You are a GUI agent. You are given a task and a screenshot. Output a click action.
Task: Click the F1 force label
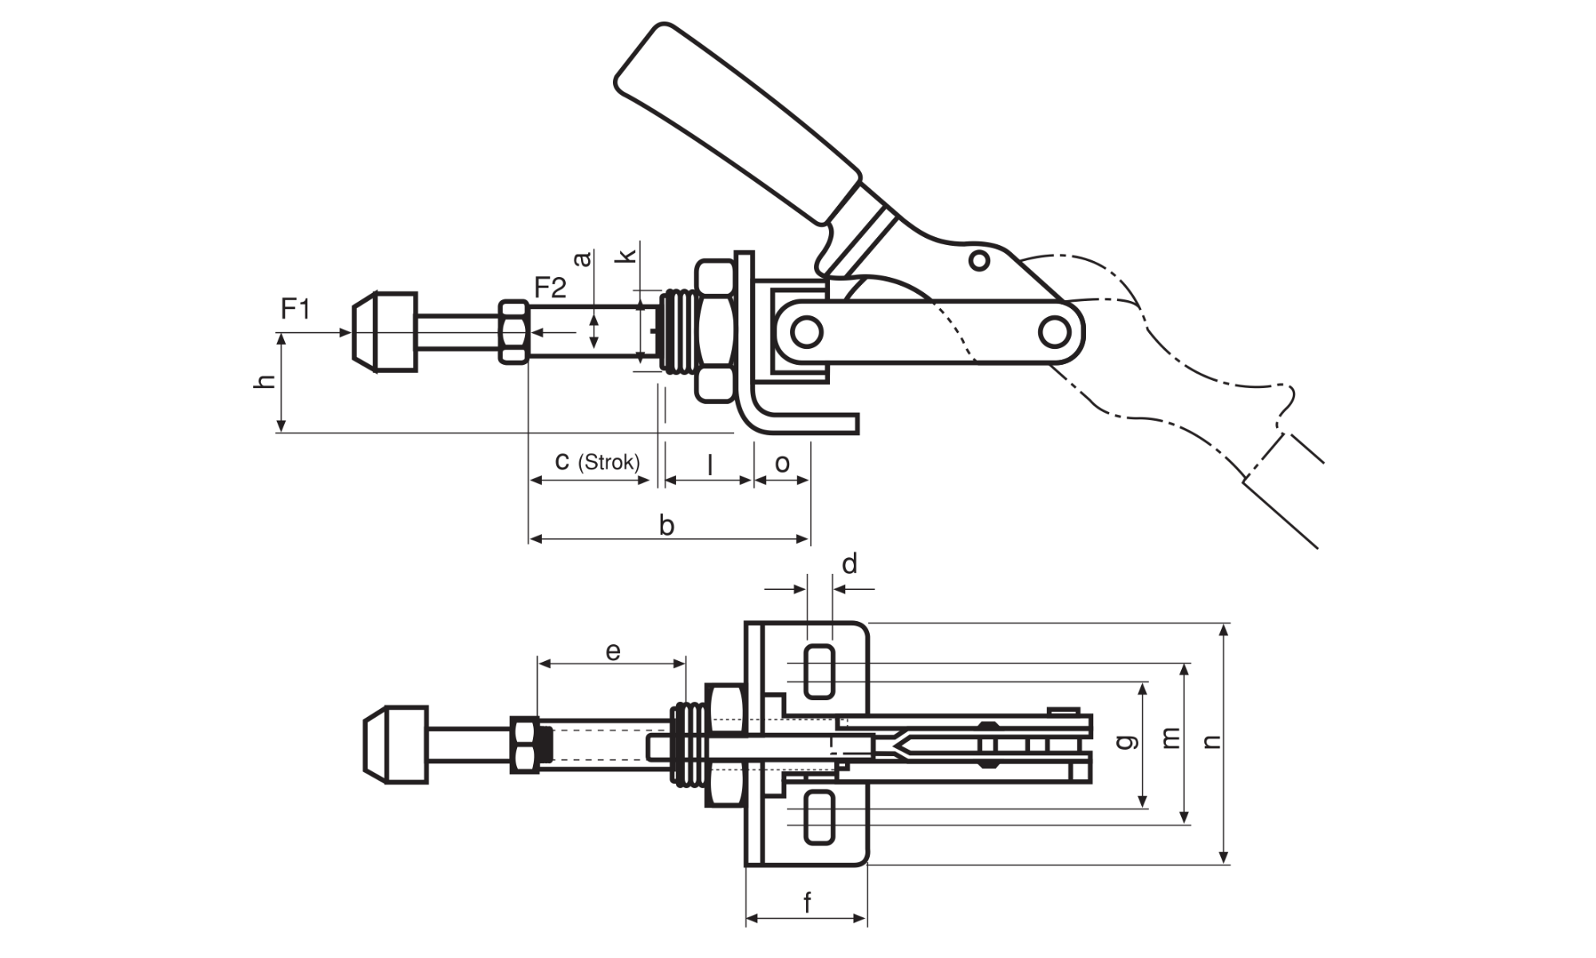click(295, 308)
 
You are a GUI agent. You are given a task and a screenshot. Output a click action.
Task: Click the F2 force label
click(550, 287)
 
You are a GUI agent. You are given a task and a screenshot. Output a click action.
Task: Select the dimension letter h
click(266, 381)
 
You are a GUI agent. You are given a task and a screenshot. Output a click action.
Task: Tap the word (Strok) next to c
click(609, 462)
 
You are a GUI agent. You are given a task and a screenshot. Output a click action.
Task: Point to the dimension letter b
click(667, 525)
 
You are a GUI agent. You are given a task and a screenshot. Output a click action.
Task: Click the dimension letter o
click(782, 464)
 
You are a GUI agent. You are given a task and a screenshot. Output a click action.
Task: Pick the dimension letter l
click(709, 464)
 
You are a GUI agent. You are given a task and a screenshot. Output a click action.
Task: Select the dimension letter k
click(628, 255)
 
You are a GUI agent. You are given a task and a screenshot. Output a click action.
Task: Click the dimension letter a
click(583, 258)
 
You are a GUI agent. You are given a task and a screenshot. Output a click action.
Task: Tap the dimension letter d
click(850, 564)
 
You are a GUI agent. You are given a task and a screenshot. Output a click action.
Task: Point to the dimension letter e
click(613, 651)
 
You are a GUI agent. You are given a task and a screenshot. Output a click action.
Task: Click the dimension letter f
click(808, 903)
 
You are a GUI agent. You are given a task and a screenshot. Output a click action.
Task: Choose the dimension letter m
click(1170, 738)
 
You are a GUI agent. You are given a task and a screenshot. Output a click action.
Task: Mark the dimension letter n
click(1212, 742)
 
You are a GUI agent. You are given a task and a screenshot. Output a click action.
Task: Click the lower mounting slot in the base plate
click(820, 817)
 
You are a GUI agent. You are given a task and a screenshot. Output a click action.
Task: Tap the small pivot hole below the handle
click(979, 260)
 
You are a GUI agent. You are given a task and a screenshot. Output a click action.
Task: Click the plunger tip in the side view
click(384, 332)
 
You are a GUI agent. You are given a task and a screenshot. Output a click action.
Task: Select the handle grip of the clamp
click(738, 120)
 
